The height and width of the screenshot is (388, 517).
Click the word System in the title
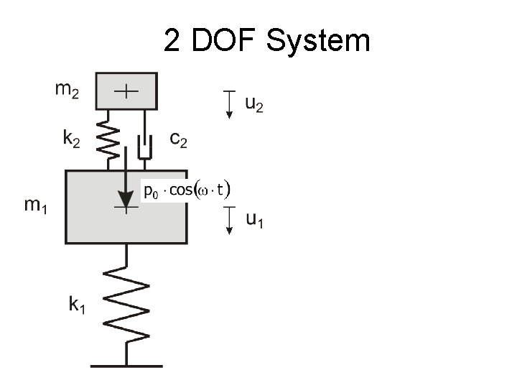click(x=318, y=41)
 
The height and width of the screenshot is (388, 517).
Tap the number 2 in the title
click(x=172, y=41)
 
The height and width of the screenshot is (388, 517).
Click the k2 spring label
click(x=70, y=140)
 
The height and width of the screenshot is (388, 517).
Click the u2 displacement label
click(x=254, y=105)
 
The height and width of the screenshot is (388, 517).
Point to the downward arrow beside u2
click(x=228, y=105)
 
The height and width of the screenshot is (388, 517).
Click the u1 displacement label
click(x=254, y=221)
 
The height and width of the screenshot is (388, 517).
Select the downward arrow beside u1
click(x=228, y=221)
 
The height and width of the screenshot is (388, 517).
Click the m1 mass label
click(x=37, y=205)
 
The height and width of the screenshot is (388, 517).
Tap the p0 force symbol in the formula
click(x=151, y=191)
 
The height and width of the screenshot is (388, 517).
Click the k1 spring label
click(x=78, y=305)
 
